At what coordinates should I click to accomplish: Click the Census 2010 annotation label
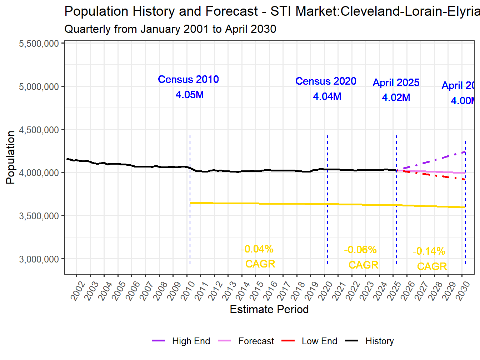(x=188, y=79)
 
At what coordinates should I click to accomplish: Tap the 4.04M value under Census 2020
(x=327, y=96)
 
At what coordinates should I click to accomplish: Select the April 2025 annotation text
(x=396, y=82)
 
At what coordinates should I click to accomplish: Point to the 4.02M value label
(x=396, y=97)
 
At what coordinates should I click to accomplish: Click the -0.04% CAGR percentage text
(x=257, y=249)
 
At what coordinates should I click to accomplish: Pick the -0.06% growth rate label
(x=360, y=250)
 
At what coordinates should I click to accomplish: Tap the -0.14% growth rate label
(x=429, y=251)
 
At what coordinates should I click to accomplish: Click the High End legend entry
(x=181, y=341)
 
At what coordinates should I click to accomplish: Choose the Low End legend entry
(x=310, y=341)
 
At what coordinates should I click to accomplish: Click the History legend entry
(x=370, y=341)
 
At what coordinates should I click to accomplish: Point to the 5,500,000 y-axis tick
(x=39, y=44)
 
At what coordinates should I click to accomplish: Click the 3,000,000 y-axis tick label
(x=39, y=259)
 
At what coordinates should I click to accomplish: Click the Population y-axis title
(x=10, y=157)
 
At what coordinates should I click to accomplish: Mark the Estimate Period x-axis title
(x=269, y=309)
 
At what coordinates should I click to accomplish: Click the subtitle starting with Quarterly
(x=170, y=29)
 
